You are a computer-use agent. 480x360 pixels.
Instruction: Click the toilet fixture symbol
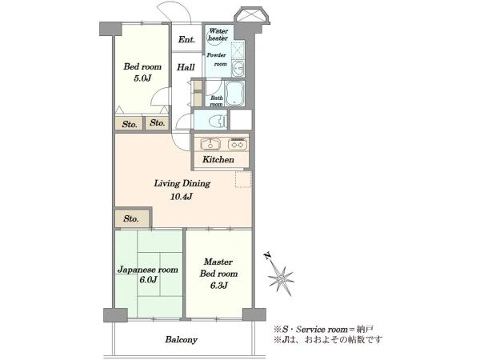217,120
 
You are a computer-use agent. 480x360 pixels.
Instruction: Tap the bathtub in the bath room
234,94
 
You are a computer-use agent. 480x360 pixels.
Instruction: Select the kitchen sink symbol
210,144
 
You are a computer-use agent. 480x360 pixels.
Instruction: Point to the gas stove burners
238,144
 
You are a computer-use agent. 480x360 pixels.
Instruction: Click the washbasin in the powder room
238,69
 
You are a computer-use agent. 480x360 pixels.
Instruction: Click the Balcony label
182,340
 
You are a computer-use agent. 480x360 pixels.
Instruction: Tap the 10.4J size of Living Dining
182,196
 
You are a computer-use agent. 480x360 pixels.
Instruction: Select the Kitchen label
218,159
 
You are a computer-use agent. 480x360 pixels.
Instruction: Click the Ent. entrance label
186,39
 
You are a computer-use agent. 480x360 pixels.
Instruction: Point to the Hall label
186,67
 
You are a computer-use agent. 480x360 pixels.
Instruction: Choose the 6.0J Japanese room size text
148,279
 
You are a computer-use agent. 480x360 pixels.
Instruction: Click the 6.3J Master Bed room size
218,286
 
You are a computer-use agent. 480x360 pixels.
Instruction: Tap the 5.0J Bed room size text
142,78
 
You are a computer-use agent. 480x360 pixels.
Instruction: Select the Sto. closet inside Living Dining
132,218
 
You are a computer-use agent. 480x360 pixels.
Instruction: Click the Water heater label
218,34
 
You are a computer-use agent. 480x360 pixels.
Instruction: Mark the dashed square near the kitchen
243,179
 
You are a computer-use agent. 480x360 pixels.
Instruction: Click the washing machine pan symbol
238,50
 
